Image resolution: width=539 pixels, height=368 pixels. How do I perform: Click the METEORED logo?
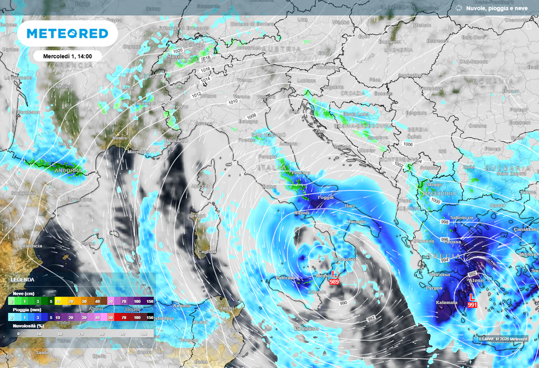[x=67, y=34]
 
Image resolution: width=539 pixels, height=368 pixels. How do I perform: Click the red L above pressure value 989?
[x=333, y=274]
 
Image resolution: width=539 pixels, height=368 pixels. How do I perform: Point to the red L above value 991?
[x=472, y=298]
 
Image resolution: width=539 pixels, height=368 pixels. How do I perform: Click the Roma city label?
[x=269, y=187]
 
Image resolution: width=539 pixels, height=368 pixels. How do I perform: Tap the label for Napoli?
[x=301, y=213]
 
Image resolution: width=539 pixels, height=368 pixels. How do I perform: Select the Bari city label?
[x=350, y=207]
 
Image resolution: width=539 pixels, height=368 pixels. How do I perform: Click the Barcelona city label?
[x=79, y=199]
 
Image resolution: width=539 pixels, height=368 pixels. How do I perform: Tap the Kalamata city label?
[x=447, y=303]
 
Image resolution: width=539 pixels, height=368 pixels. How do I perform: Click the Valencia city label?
[x=32, y=246]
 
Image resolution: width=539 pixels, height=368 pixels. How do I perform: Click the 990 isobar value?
[x=344, y=303]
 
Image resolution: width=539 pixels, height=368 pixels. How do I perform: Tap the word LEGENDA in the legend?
[x=23, y=279]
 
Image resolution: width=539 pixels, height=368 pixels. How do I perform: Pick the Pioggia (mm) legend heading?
[x=25, y=311]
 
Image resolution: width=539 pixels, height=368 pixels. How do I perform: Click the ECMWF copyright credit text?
[x=503, y=339]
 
